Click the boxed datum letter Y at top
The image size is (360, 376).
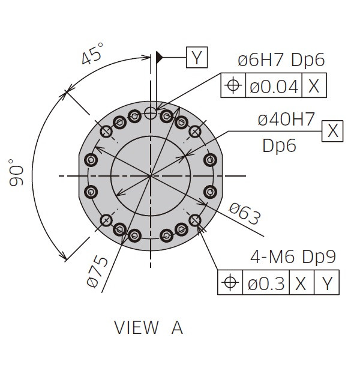pos(197,57)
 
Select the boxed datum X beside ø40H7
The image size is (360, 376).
pos(332,131)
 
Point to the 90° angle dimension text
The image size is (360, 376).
pos(16,172)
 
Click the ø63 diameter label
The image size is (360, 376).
pos(245,214)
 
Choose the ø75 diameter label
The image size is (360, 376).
pos(97,271)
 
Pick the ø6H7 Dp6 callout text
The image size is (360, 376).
pos(281,59)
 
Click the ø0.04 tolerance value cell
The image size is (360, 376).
pos(274,85)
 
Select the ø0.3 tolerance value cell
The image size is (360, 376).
pos(266,282)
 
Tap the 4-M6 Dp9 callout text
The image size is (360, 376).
pos(293,257)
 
